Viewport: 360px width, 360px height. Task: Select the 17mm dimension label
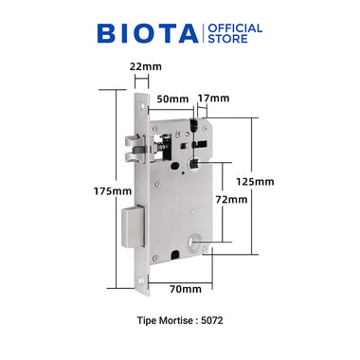pos(214,98)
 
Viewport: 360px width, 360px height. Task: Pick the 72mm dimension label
pos(231,200)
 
